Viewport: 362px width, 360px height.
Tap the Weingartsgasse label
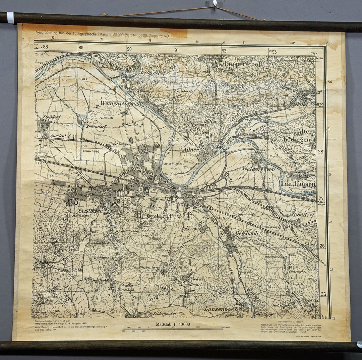point(122,104)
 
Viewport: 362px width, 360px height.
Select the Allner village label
point(191,150)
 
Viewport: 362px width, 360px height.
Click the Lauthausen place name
point(298,184)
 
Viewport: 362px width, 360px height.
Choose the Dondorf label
point(304,215)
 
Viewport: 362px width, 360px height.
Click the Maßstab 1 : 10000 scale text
point(173,324)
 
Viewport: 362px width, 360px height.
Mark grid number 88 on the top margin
point(46,47)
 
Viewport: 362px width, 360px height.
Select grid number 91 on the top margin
point(177,50)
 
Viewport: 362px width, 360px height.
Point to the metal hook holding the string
point(215,4)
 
